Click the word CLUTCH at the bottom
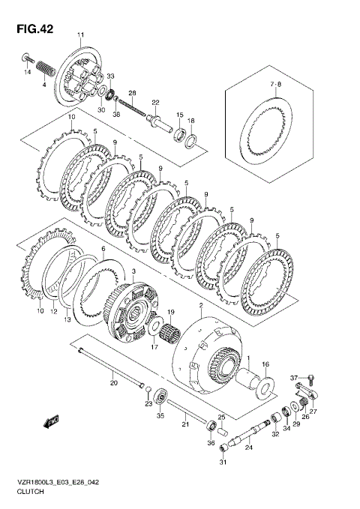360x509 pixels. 29,496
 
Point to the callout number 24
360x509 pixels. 249,448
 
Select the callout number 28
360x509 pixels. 132,93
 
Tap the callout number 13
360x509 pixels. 67,320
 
